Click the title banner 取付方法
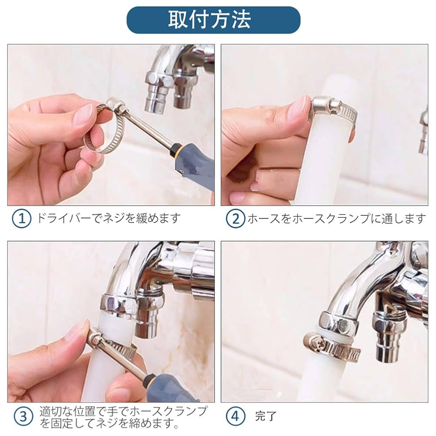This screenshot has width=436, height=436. click(x=213, y=20)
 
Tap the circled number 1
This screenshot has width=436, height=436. click(x=21, y=218)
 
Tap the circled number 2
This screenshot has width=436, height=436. click(x=235, y=218)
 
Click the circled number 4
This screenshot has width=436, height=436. click(x=235, y=417)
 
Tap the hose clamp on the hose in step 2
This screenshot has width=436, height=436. click(x=333, y=111)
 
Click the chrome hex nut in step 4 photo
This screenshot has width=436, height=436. click(x=338, y=323)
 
